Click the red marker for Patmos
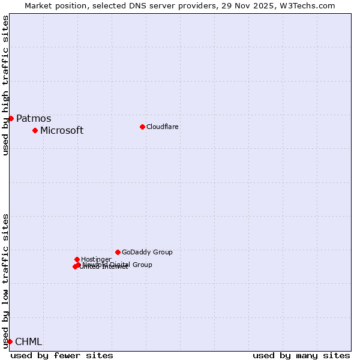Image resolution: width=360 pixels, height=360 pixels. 11,118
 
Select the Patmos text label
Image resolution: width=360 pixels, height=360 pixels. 34,119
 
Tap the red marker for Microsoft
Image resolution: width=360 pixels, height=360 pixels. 35,130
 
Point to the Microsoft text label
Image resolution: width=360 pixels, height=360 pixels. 62,131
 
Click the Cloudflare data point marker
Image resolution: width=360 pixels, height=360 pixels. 142,127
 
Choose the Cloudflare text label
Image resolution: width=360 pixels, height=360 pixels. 163,127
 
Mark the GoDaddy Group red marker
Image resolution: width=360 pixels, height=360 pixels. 118,252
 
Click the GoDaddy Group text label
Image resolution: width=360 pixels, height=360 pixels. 147,253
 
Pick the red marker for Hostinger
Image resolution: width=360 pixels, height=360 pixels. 77,259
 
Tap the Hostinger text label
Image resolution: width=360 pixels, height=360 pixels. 96,260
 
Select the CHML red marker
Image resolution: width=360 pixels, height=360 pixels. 10,341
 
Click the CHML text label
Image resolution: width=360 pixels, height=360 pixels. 29,342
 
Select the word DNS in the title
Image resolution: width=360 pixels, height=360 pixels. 131,6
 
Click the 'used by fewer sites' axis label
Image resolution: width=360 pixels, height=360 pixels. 62,355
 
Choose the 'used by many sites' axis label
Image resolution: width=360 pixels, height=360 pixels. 301,355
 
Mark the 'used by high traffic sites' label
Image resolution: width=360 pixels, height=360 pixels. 6,86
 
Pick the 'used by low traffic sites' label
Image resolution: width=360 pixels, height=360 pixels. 6,281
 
